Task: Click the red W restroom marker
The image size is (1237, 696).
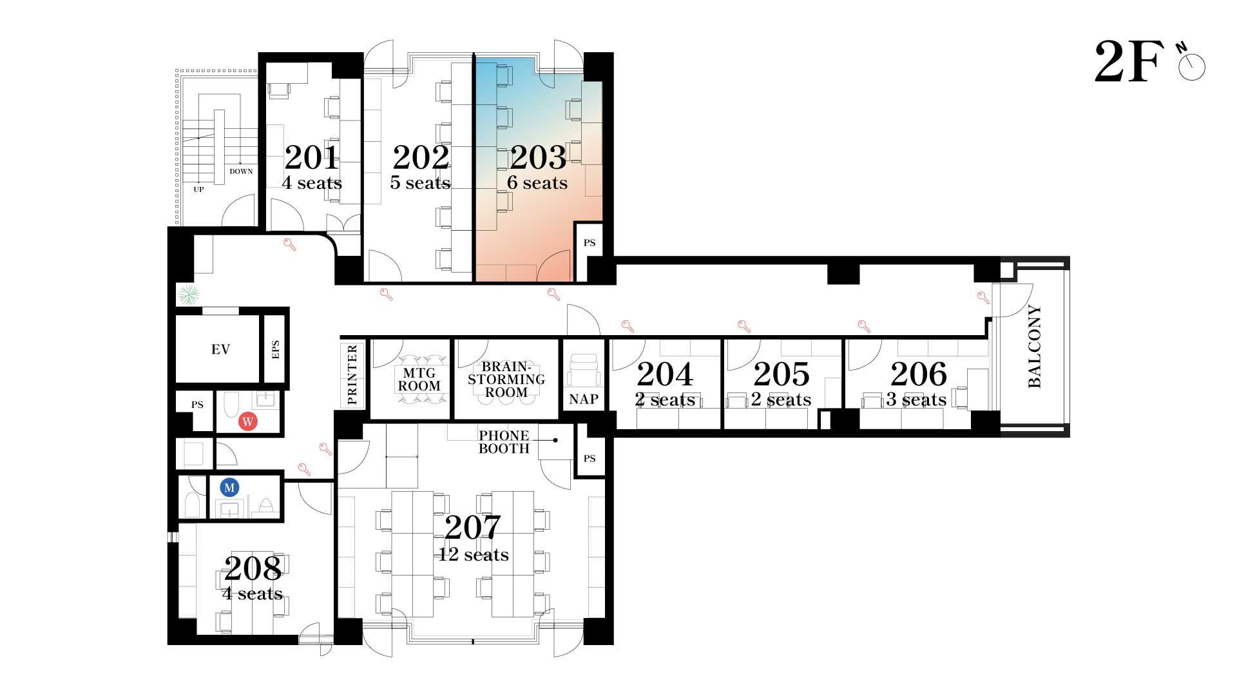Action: [x=248, y=421]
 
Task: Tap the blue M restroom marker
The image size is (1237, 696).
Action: [x=229, y=487]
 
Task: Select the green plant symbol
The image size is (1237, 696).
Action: [x=188, y=295]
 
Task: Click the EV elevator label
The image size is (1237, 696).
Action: [x=220, y=349]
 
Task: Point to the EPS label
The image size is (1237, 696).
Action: [x=276, y=349]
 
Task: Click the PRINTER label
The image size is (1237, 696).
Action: [x=352, y=375]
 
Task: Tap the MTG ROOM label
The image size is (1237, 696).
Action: [x=419, y=380]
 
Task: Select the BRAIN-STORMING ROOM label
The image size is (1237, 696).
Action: [x=506, y=380]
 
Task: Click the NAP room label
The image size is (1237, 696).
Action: [x=584, y=400]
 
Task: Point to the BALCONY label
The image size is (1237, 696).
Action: [x=1035, y=347]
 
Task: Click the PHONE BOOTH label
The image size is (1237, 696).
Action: [x=504, y=442]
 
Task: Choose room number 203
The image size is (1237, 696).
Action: [x=538, y=157]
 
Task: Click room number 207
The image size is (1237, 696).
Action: [x=472, y=528]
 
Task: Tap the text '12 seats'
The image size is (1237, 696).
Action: [x=474, y=555]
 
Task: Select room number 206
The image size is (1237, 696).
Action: [x=919, y=374]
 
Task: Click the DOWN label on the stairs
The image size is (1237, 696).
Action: [x=242, y=171]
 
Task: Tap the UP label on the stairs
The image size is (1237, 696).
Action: [x=198, y=189]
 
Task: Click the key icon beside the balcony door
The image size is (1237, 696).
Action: [x=983, y=298]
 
